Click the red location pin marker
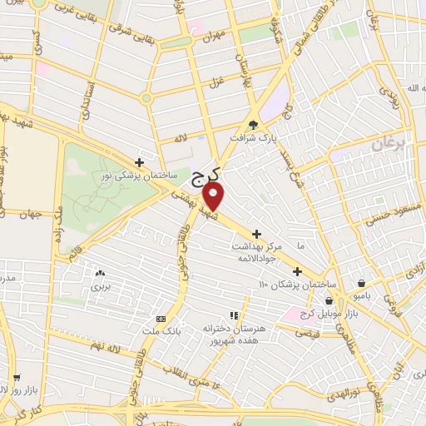click(215, 196)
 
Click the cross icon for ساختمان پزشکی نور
click(139, 162)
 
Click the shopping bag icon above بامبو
click(360, 282)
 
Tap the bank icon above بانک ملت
click(161, 319)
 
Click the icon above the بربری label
click(101, 272)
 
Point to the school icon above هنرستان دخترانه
click(234, 315)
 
